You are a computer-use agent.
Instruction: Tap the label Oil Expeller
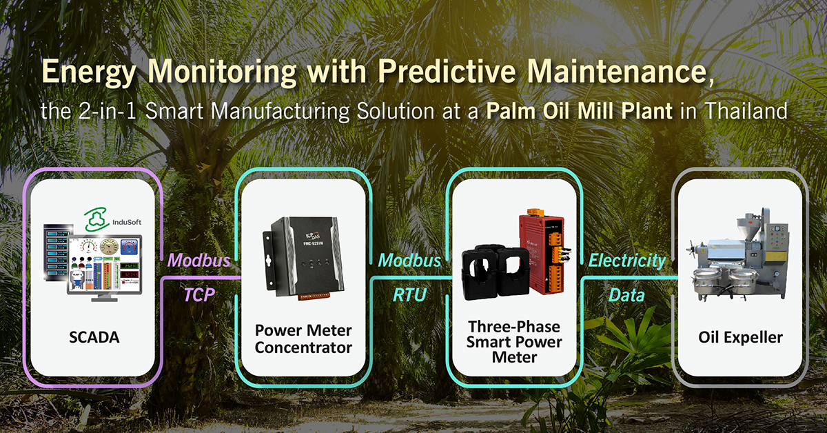pos(740,338)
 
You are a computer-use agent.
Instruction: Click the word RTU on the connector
pos(410,295)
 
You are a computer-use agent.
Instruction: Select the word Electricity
pos(626,261)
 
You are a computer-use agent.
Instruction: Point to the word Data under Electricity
pos(626,295)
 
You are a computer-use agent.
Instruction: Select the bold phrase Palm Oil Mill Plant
pos(580,111)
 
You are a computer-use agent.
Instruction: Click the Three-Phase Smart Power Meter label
pos(514,341)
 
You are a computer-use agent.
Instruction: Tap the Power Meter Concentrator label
pos(303,338)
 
